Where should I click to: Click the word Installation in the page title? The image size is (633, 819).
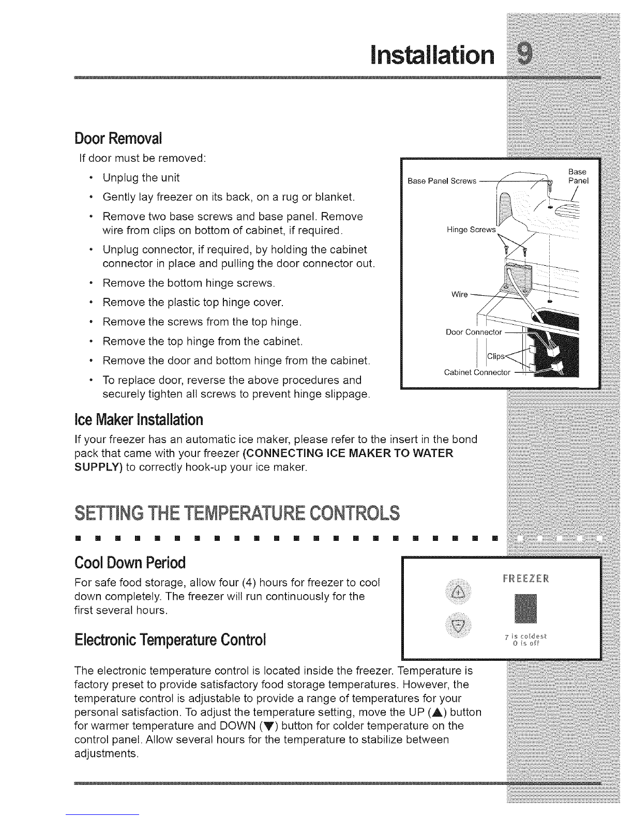(432, 55)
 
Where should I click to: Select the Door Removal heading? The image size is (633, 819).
(118, 139)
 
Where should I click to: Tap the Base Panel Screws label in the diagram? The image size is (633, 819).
(442, 181)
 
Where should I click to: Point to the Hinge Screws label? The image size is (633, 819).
(471, 230)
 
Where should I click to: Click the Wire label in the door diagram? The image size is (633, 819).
(460, 294)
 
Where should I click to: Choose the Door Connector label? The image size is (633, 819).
(474, 332)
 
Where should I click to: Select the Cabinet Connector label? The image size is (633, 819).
(477, 372)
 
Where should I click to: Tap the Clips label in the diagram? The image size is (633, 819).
(496, 356)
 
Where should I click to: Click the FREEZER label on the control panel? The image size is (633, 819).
(526, 579)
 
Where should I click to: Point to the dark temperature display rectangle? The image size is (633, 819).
(525, 609)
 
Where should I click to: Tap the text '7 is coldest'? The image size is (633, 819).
(525, 636)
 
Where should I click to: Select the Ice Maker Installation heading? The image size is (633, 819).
(139, 419)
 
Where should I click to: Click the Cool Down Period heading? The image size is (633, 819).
(130, 563)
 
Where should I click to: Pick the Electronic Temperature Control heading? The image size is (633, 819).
(170, 640)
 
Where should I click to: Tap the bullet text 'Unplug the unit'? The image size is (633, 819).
(141, 177)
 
